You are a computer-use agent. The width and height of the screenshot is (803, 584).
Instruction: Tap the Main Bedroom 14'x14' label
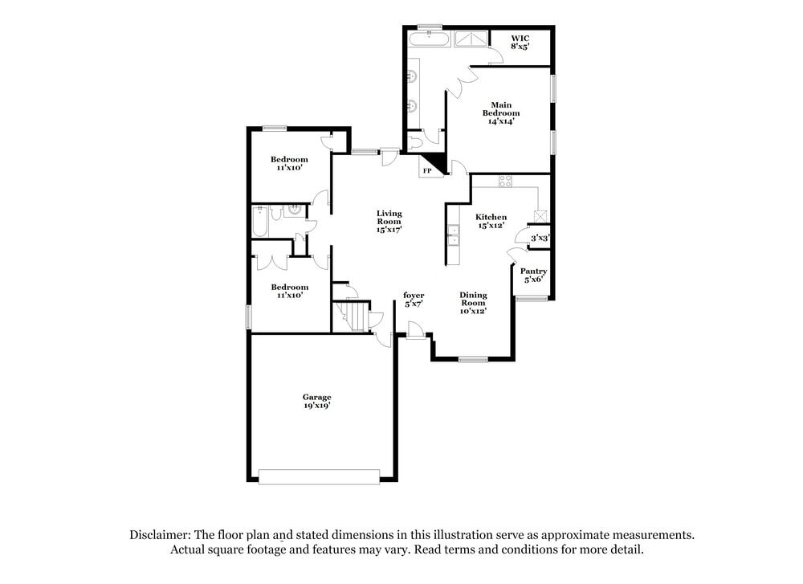pyautogui.click(x=501, y=112)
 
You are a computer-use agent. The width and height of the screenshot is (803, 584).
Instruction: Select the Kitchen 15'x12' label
pyautogui.click(x=491, y=221)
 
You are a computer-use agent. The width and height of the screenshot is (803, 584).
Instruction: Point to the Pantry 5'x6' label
pyautogui.click(x=533, y=276)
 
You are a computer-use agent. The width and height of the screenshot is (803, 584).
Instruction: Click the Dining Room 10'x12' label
pyautogui.click(x=473, y=302)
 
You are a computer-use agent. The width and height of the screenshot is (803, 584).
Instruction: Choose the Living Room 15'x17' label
pyautogui.click(x=389, y=221)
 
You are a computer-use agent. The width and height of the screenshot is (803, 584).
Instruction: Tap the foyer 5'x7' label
pyautogui.click(x=414, y=300)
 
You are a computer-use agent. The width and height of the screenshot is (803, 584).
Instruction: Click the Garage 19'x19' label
pyautogui.click(x=316, y=401)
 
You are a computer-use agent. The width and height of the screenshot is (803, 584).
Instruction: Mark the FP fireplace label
pyautogui.click(x=427, y=171)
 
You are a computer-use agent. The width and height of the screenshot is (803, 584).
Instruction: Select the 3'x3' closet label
pyautogui.click(x=539, y=238)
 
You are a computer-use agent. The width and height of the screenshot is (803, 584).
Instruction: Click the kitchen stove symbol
pyautogui.click(x=506, y=182)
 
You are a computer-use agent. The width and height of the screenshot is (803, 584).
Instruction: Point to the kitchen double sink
pyautogui.click(x=453, y=234)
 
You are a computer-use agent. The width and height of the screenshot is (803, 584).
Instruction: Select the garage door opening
pyautogui.click(x=319, y=476)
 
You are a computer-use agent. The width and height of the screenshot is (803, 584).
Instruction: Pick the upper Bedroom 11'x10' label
pyautogui.click(x=289, y=164)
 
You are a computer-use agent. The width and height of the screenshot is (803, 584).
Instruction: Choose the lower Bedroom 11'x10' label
pyautogui.click(x=289, y=291)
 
